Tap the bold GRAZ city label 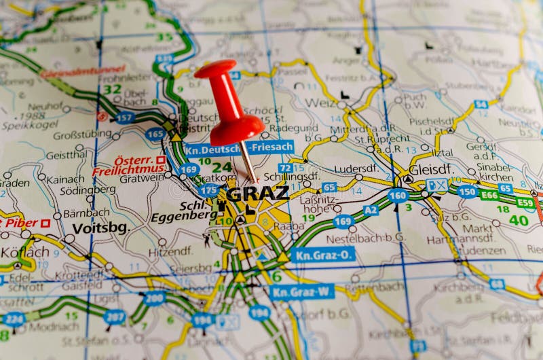[257, 194]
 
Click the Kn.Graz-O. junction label [322, 255]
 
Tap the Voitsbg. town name [100, 228]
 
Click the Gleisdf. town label [432, 168]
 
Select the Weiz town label [320, 103]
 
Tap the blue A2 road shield [371, 210]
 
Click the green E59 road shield [525, 202]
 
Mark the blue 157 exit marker [124, 118]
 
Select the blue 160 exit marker [398, 196]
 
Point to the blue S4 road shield [481, 104]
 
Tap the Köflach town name [24, 252]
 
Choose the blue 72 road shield [286, 168]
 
